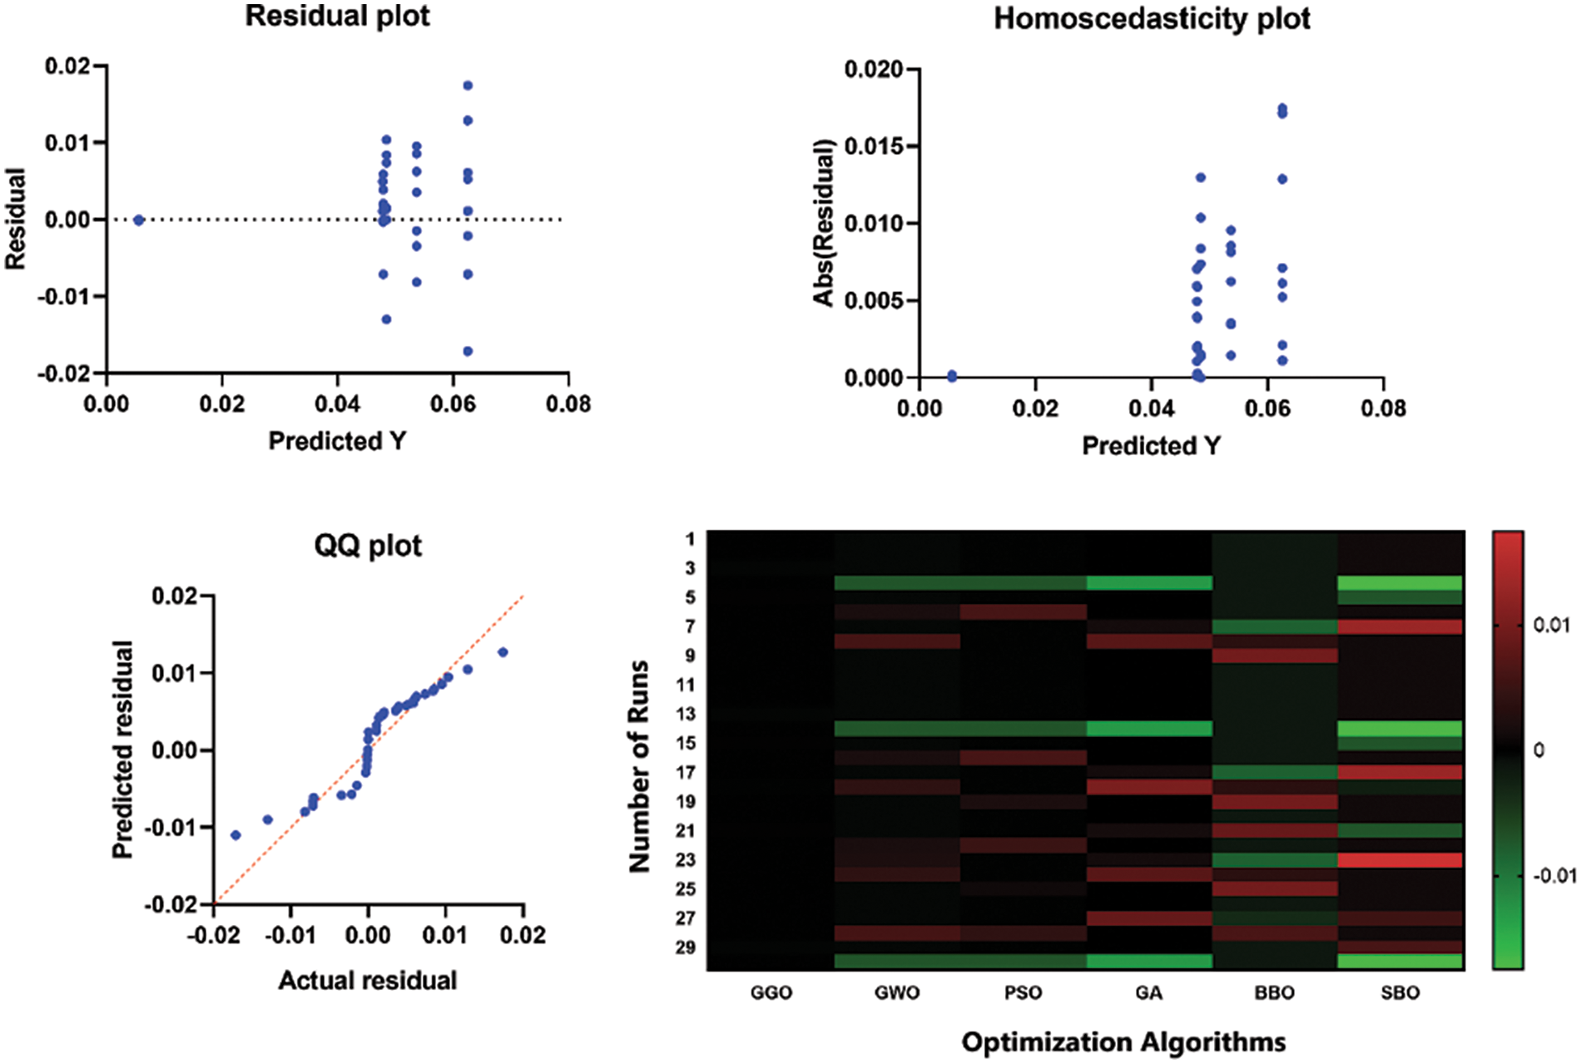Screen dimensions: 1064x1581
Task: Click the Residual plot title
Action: pos(337,17)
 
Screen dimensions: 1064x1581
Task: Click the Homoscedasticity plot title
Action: pos(1152,18)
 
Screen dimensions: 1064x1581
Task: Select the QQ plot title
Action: pos(368,546)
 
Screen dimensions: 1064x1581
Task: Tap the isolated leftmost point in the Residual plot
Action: pos(139,220)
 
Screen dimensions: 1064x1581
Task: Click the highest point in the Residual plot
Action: pos(468,86)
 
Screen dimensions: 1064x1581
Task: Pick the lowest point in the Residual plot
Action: pos(468,351)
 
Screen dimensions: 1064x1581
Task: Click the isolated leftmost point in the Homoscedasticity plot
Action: pos(952,376)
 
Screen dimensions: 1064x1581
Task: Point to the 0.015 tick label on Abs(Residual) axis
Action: pos(873,146)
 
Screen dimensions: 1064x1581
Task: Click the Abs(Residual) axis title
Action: pos(824,223)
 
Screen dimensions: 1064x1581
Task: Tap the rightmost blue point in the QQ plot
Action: pos(503,652)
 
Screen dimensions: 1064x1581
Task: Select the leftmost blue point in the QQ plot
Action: pos(235,834)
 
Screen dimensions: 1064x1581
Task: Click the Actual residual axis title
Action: pos(368,981)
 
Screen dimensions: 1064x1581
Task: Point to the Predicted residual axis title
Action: pos(123,750)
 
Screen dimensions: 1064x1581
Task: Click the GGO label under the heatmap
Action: pos(771,992)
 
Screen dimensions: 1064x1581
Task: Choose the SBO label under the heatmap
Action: pos(1400,992)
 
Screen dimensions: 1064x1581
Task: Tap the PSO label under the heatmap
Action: pos(1023,992)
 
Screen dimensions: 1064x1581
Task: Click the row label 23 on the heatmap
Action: pos(686,860)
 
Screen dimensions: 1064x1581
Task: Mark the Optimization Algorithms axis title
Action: pos(1123,1042)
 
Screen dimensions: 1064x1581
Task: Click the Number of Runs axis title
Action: pos(640,766)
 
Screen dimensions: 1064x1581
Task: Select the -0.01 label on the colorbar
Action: pos(1554,876)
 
